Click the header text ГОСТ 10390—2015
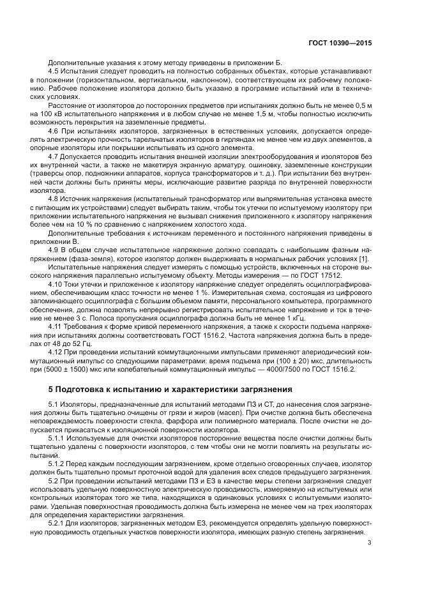coord(340,43)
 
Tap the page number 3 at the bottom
coord(370,543)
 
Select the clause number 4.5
coord(55,71)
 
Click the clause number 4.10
coord(57,281)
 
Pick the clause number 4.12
coord(57,352)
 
